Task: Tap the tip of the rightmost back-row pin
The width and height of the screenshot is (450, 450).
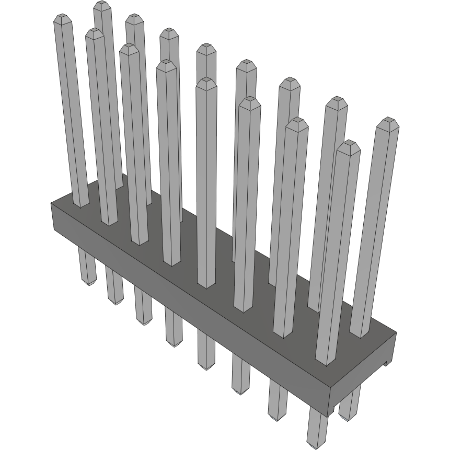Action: (x=388, y=122)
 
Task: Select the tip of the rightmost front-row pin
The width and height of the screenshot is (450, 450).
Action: (x=348, y=144)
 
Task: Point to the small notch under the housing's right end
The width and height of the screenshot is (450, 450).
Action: (x=386, y=362)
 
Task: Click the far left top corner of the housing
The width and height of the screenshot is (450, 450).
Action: (x=51, y=203)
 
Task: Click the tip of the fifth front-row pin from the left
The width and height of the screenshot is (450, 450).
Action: (x=206, y=82)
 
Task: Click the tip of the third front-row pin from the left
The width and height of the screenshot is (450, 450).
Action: (x=129, y=48)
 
